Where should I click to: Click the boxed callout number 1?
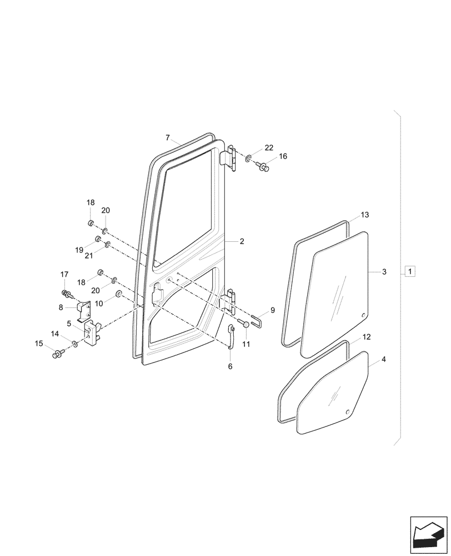tap(409, 272)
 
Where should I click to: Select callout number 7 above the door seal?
tap(168, 137)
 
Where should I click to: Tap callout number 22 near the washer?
tap(269, 148)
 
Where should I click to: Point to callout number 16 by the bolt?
tap(283, 157)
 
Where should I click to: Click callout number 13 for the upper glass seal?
tap(364, 215)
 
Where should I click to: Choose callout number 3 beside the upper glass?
tap(384, 272)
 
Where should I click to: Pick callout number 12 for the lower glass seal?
tap(367, 337)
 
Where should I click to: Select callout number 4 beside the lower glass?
tap(384, 360)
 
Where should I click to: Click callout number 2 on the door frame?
tap(242, 242)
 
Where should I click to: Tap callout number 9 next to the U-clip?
tap(273, 310)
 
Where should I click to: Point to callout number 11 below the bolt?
tap(246, 344)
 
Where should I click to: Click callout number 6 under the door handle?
tap(230, 366)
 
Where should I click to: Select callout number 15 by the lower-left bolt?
tap(39, 344)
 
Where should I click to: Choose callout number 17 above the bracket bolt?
tap(64, 274)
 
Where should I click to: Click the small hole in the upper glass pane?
tap(363, 316)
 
